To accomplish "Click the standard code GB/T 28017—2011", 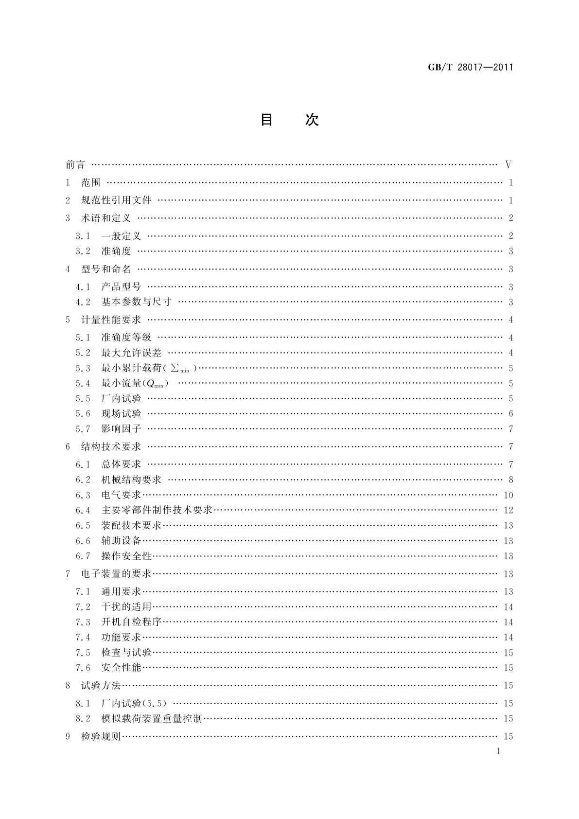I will [x=470, y=68].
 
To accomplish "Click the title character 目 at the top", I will [x=266, y=120].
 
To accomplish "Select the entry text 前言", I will [x=75, y=165].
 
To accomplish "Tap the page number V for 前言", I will [x=509, y=165].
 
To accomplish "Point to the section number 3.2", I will [x=83, y=251].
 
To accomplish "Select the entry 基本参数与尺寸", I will [x=137, y=302].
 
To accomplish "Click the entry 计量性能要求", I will [x=111, y=320].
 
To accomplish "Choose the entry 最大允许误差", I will [x=131, y=353].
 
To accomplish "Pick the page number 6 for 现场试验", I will [x=511, y=414].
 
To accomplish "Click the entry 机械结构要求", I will [x=131, y=480].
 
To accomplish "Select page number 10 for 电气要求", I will [x=508, y=495].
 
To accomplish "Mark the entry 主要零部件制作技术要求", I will [x=157, y=510].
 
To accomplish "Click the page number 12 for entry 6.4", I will [x=508, y=510].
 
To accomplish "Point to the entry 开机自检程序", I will [x=131, y=622].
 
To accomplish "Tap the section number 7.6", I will [x=83, y=668].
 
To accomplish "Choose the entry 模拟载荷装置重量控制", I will [x=152, y=718].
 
